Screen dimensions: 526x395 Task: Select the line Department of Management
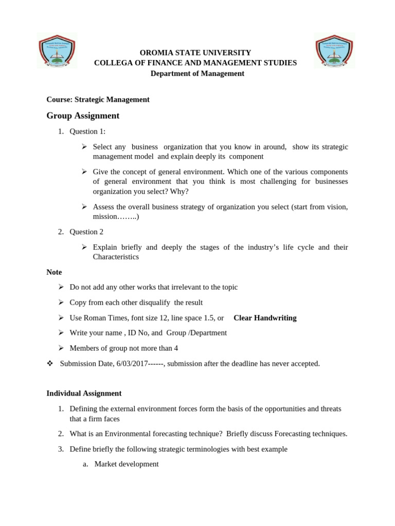[197, 73]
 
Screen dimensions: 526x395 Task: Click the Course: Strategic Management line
[98, 100]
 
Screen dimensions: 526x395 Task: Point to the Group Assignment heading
[83, 116]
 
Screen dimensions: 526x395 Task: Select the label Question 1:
[87, 131]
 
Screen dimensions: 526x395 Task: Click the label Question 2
[86, 232]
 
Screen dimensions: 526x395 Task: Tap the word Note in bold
[54, 272]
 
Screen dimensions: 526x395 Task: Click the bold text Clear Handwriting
[265, 318]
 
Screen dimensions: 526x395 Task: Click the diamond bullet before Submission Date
[50, 364]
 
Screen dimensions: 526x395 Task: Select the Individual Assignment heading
[84, 393]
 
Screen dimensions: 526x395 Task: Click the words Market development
[127, 464]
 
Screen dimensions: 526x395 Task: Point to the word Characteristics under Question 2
[116, 257]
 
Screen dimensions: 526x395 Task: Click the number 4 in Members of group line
[176, 348]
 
